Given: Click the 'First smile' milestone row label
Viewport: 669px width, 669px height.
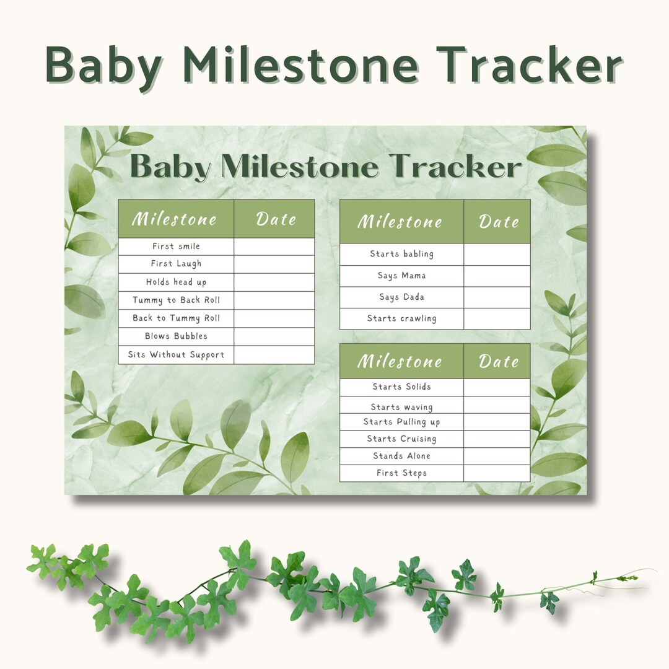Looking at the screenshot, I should (x=176, y=247).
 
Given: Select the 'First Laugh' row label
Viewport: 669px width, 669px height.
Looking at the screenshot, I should (x=176, y=264).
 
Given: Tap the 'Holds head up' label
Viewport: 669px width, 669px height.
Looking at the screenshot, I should (x=176, y=282).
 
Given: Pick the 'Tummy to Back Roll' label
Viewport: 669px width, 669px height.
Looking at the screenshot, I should (x=176, y=300).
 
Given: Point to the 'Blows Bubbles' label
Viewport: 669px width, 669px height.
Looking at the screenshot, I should (x=176, y=336).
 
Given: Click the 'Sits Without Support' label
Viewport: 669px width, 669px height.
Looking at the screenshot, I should (x=176, y=355).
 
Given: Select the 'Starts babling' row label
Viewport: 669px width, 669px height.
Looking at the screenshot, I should (x=401, y=254).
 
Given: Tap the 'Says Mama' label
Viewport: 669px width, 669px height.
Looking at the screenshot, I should (x=401, y=276).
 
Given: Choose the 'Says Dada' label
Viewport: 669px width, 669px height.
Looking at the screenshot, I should (x=401, y=297).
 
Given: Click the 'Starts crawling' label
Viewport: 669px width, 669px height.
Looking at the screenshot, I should (x=401, y=319).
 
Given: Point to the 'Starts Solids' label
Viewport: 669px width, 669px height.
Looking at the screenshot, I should (x=401, y=387).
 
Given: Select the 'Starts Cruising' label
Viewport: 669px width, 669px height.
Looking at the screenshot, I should (x=401, y=439).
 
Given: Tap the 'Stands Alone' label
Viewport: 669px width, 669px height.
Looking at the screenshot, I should (x=401, y=456).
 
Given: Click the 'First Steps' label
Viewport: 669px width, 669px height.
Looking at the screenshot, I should (x=401, y=473).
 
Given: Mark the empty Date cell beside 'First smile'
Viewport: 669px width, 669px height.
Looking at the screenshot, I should (x=274, y=247).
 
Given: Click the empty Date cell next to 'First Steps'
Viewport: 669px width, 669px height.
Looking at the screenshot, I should (x=497, y=473).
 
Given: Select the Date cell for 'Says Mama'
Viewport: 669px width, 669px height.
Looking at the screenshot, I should (x=497, y=276).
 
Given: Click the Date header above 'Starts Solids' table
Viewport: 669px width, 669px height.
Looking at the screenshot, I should (x=498, y=361).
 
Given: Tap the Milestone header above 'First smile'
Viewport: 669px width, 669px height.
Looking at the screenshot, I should (x=175, y=219).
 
